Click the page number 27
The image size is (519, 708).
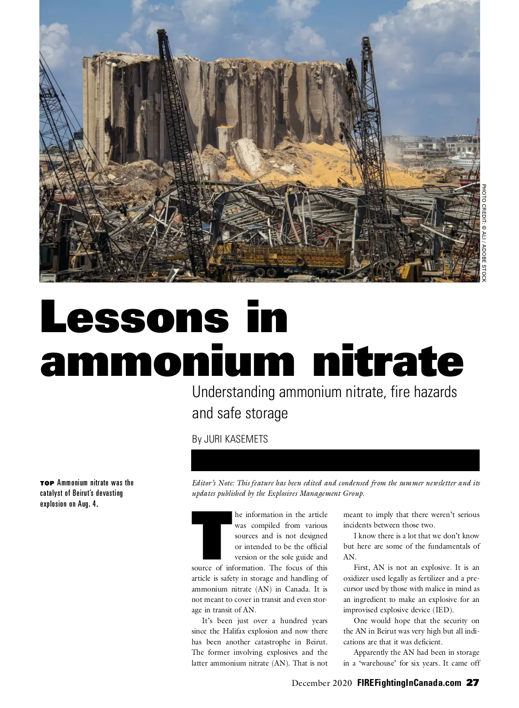coord(473,683)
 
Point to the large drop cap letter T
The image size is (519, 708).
coord(211,535)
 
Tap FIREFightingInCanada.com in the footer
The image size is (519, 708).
coord(409,683)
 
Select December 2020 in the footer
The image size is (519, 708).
coord(322,683)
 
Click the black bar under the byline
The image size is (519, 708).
coord(335,460)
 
